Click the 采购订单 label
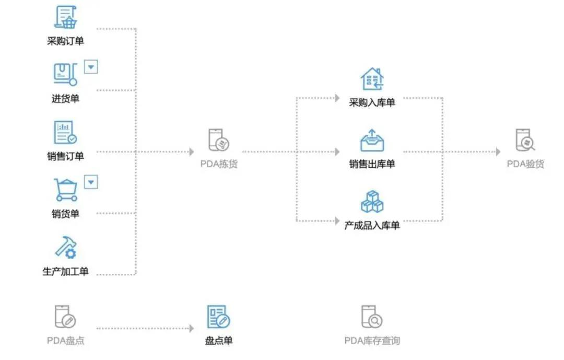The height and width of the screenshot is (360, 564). [x=65, y=41]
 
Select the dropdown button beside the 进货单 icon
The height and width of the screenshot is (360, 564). [x=91, y=67]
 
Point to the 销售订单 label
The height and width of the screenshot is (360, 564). [x=65, y=156]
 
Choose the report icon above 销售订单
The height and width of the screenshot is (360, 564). [x=65, y=133]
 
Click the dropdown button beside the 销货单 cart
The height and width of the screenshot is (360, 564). [x=91, y=182]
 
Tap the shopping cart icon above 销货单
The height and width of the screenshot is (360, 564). [x=65, y=189]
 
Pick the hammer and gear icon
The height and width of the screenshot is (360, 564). [x=66, y=247]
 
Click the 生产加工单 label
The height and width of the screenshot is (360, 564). [x=65, y=271]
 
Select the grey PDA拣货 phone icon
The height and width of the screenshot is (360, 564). [x=218, y=140]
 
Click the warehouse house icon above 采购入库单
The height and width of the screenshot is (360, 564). [x=372, y=79]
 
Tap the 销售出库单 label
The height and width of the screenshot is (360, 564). [x=372, y=164]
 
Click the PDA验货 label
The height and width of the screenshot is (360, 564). [x=525, y=164]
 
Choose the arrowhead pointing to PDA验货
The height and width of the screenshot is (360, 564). [x=498, y=152]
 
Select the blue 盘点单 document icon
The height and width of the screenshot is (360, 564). [x=218, y=317]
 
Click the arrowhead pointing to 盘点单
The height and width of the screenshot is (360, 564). [x=191, y=329]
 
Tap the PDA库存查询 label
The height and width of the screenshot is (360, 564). [x=372, y=341]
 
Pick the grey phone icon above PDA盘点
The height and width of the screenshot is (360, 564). [x=65, y=317]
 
